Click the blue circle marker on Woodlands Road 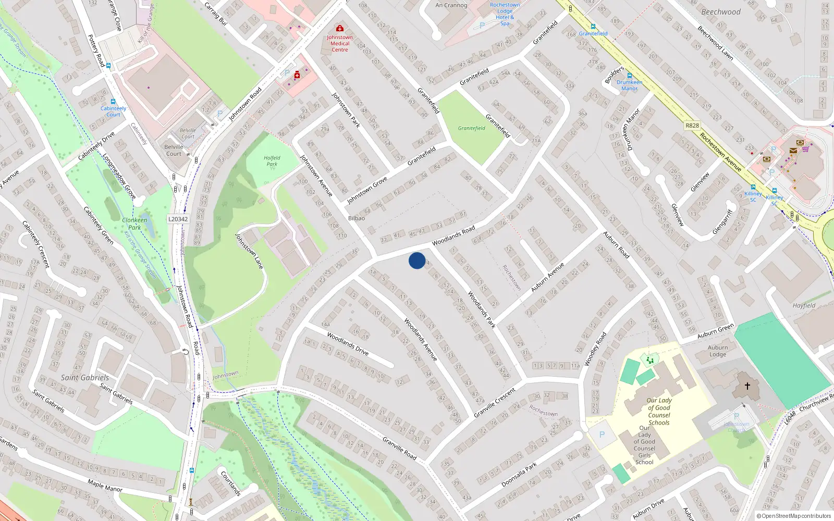click(417, 260)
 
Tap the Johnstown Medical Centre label click(340, 44)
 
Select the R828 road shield click(692, 126)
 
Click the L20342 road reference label click(178, 219)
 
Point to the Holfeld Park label click(272, 161)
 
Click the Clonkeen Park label click(134, 224)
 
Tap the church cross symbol click(747, 386)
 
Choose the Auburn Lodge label click(718, 351)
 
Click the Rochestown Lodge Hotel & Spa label click(505, 14)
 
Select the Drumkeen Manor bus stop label click(629, 85)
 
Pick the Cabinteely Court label click(113, 111)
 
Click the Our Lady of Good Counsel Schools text click(659, 412)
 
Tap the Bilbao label click(357, 218)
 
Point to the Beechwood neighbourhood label click(720, 12)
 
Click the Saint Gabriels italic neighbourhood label click(85, 378)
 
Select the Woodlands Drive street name click(348, 344)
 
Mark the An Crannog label click(451, 5)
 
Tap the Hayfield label click(804, 306)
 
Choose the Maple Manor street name click(105, 486)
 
